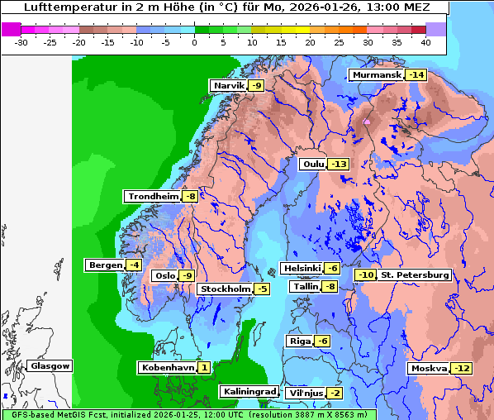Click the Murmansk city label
(376, 75)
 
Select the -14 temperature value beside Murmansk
(416, 75)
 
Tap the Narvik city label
(229, 86)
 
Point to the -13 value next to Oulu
(338, 165)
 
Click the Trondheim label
(153, 197)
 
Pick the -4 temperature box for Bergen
(134, 265)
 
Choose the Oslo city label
(164, 276)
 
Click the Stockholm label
(224, 289)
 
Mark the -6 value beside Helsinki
(331, 269)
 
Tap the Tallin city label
(305, 287)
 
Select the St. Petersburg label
(415, 275)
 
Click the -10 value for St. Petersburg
(366, 275)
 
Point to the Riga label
(299, 341)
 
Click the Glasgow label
(50, 366)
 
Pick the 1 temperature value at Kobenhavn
(203, 367)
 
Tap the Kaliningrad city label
(249, 392)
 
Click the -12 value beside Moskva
(461, 369)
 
